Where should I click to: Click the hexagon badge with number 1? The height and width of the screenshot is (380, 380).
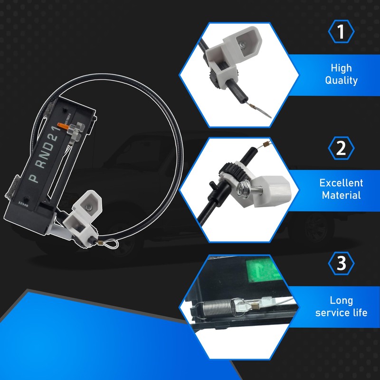(341, 31)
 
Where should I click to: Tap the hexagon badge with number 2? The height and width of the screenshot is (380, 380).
(341, 148)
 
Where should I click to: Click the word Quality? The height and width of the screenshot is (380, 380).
(341, 80)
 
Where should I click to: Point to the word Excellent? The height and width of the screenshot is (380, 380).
(341, 183)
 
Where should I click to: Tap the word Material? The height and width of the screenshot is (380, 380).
(341, 195)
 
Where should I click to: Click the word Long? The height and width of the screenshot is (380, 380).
(341, 300)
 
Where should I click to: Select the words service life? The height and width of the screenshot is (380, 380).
(341, 313)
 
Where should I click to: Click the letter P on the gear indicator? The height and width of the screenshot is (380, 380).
(34, 178)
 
